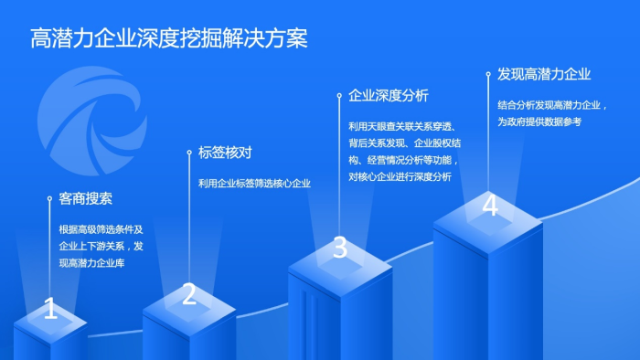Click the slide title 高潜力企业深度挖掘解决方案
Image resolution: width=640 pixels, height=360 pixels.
tap(169, 37)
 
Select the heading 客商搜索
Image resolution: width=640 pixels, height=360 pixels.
tap(85, 198)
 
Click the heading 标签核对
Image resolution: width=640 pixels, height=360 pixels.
tap(225, 153)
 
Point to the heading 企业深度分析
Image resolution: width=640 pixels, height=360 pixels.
tap(389, 95)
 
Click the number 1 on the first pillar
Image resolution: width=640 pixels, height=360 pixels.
tap(50, 310)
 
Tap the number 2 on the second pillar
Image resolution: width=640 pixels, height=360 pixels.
tap(189, 294)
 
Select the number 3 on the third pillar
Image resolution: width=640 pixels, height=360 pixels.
tap(339, 247)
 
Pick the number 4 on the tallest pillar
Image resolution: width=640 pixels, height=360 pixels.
tap(490, 205)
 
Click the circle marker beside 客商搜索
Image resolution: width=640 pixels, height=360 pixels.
tap(49, 197)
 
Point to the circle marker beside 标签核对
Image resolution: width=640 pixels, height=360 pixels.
tap(189, 153)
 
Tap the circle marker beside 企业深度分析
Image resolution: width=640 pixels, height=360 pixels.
tap(339, 94)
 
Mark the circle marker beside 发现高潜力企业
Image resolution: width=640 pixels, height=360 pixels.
tap(489, 75)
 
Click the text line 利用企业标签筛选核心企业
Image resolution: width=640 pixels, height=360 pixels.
tap(255, 183)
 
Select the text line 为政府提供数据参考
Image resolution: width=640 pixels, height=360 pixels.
tap(539, 122)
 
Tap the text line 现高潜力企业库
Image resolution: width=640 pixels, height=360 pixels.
tap(91, 263)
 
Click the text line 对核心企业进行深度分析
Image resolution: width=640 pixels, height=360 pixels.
tap(400, 177)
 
